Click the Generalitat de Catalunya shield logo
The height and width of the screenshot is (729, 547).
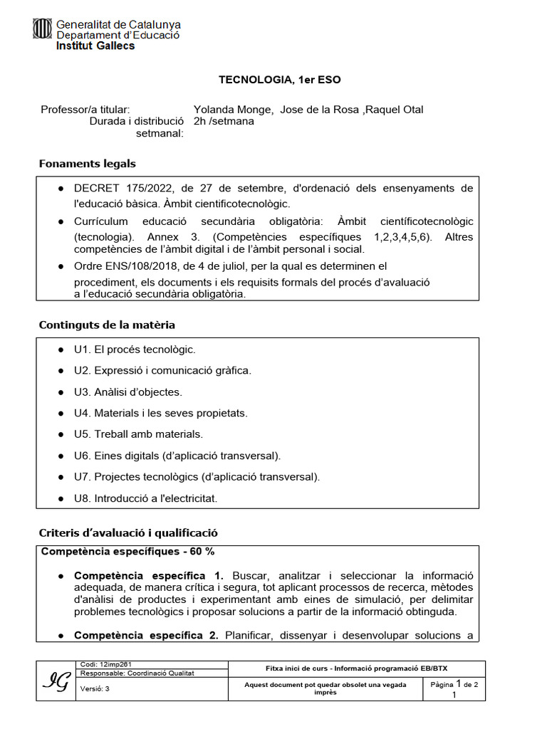(43, 29)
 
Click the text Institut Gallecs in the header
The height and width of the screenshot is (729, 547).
(95, 46)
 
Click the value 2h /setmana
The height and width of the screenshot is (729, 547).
(224, 121)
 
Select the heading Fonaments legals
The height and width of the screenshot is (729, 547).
(87, 164)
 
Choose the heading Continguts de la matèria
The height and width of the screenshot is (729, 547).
(107, 325)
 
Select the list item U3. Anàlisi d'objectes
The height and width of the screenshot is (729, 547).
(127, 392)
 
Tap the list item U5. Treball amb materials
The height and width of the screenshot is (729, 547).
(138, 434)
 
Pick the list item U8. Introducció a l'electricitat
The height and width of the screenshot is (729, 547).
(145, 498)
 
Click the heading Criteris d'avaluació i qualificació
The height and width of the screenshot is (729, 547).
(128, 533)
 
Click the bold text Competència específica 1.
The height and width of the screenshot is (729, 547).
(149, 575)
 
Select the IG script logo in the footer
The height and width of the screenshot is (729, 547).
(56, 682)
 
